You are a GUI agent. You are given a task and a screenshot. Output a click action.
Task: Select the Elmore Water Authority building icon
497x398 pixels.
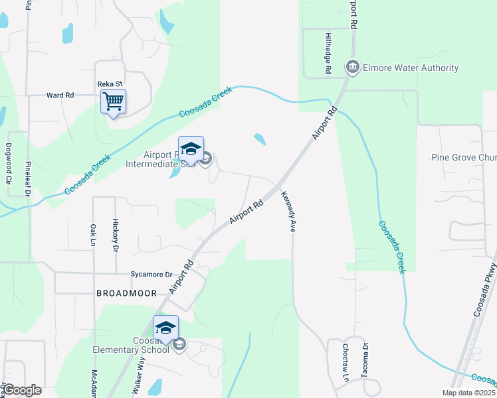pyautogui.click(x=352, y=67)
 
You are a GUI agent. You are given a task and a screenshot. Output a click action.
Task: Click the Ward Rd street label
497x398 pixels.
pyautogui.click(x=60, y=96)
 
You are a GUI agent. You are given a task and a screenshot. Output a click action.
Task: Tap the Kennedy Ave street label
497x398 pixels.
pyautogui.click(x=288, y=212)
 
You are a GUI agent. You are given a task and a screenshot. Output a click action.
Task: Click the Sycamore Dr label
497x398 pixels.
pyautogui.click(x=151, y=274)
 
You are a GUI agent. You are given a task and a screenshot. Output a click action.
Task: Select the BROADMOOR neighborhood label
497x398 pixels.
pyautogui.click(x=126, y=293)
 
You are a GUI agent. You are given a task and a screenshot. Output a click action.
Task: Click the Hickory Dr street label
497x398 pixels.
pyautogui.click(x=115, y=235)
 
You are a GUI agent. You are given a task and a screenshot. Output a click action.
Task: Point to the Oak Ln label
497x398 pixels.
pyautogui.click(x=92, y=236)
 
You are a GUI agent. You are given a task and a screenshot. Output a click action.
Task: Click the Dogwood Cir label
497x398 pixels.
pyautogui.click(x=9, y=163)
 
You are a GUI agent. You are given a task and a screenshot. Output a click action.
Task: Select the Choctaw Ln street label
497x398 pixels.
pyautogui.click(x=346, y=362)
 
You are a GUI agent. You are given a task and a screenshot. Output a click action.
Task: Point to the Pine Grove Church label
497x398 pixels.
pyautogui.click(x=464, y=158)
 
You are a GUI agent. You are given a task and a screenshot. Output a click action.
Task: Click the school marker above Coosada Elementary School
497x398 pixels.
pyautogui.click(x=166, y=328)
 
